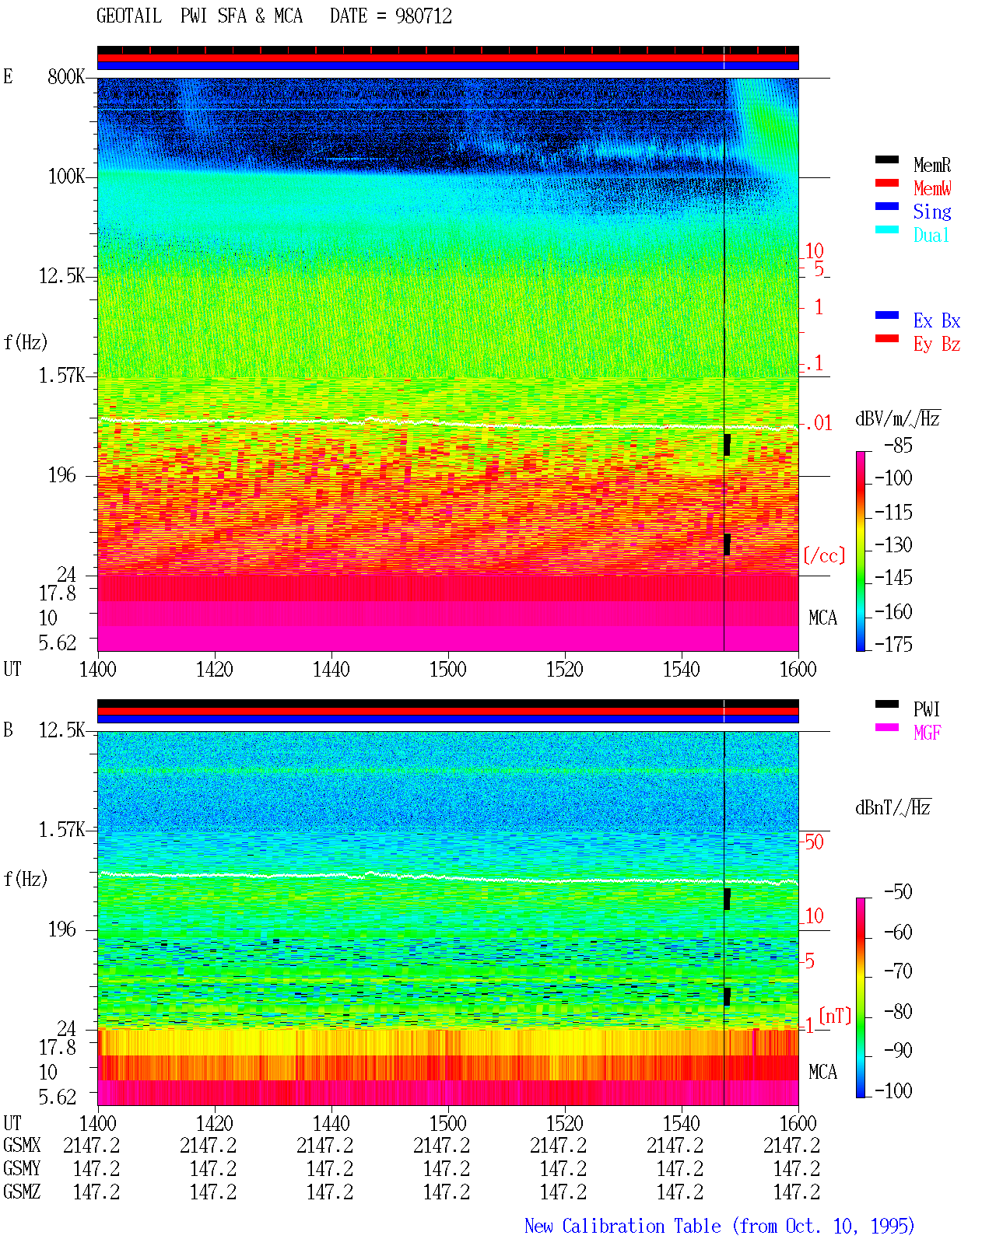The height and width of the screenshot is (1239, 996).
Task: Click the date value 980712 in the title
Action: pyautogui.click(x=423, y=16)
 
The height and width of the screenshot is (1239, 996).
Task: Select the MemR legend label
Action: pyautogui.click(x=932, y=165)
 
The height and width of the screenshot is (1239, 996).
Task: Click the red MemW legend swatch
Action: pyautogui.click(x=886, y=183)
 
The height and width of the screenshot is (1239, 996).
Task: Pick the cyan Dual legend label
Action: pyautogui.click(x=931, y=235)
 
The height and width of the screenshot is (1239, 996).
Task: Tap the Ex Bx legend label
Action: pyautogui.click(x=937, y=320)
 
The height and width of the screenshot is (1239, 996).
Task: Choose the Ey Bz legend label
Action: pyautogui.click(x=937, y=345)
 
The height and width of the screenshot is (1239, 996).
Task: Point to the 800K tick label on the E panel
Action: pyautogui.click(x=66, y=76)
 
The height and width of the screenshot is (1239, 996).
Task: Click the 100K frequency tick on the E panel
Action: pyautogui.click(x=66, y=177)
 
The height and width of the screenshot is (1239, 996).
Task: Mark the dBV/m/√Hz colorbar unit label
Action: pyautogui.click(x=897, y=418)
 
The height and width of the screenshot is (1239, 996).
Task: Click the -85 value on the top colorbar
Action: pyautogui.click(x=898, y=445)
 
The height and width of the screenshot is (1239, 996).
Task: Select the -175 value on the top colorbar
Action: pyautogui.click(x=893, y=644)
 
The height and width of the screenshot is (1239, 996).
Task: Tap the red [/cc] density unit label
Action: pyautogui.click(x=824, y=555)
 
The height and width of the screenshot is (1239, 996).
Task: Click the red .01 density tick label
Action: pyautogui.click(x=819, y=424)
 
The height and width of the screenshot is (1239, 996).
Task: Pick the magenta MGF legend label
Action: pyautogui.click(x=927, y=733)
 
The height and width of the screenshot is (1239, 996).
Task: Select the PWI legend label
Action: pyautogui.click(x=927, y=709)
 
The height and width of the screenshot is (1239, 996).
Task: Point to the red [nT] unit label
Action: pyautogui.click(x=835, y=1016)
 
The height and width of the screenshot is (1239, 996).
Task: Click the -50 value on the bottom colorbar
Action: pyautogui.click(x=898, y=892)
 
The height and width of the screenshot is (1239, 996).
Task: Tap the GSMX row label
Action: pyautogui.click(x=22, y=1146)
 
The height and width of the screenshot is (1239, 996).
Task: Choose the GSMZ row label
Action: pyautogui.click(x=22, y=1192)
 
